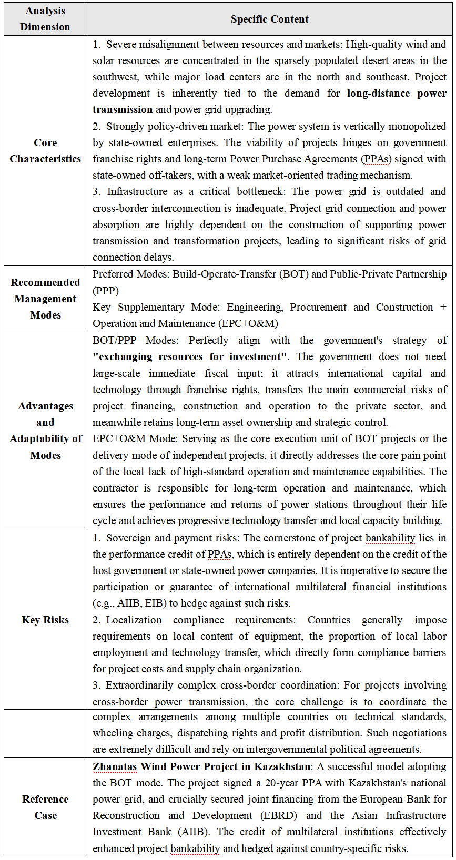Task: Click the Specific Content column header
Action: tap(269, 19)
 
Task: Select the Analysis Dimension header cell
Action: tap(45, 19)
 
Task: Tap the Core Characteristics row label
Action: tap(45, 151)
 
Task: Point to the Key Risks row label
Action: tap(45, 620)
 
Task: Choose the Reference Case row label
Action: tap(45, 807)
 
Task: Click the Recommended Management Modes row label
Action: tap(45, 299)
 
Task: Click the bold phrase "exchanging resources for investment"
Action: tap(190, 357)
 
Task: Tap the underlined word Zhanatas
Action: tap(115, 766)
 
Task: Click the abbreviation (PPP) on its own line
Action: tap(106, 291)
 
